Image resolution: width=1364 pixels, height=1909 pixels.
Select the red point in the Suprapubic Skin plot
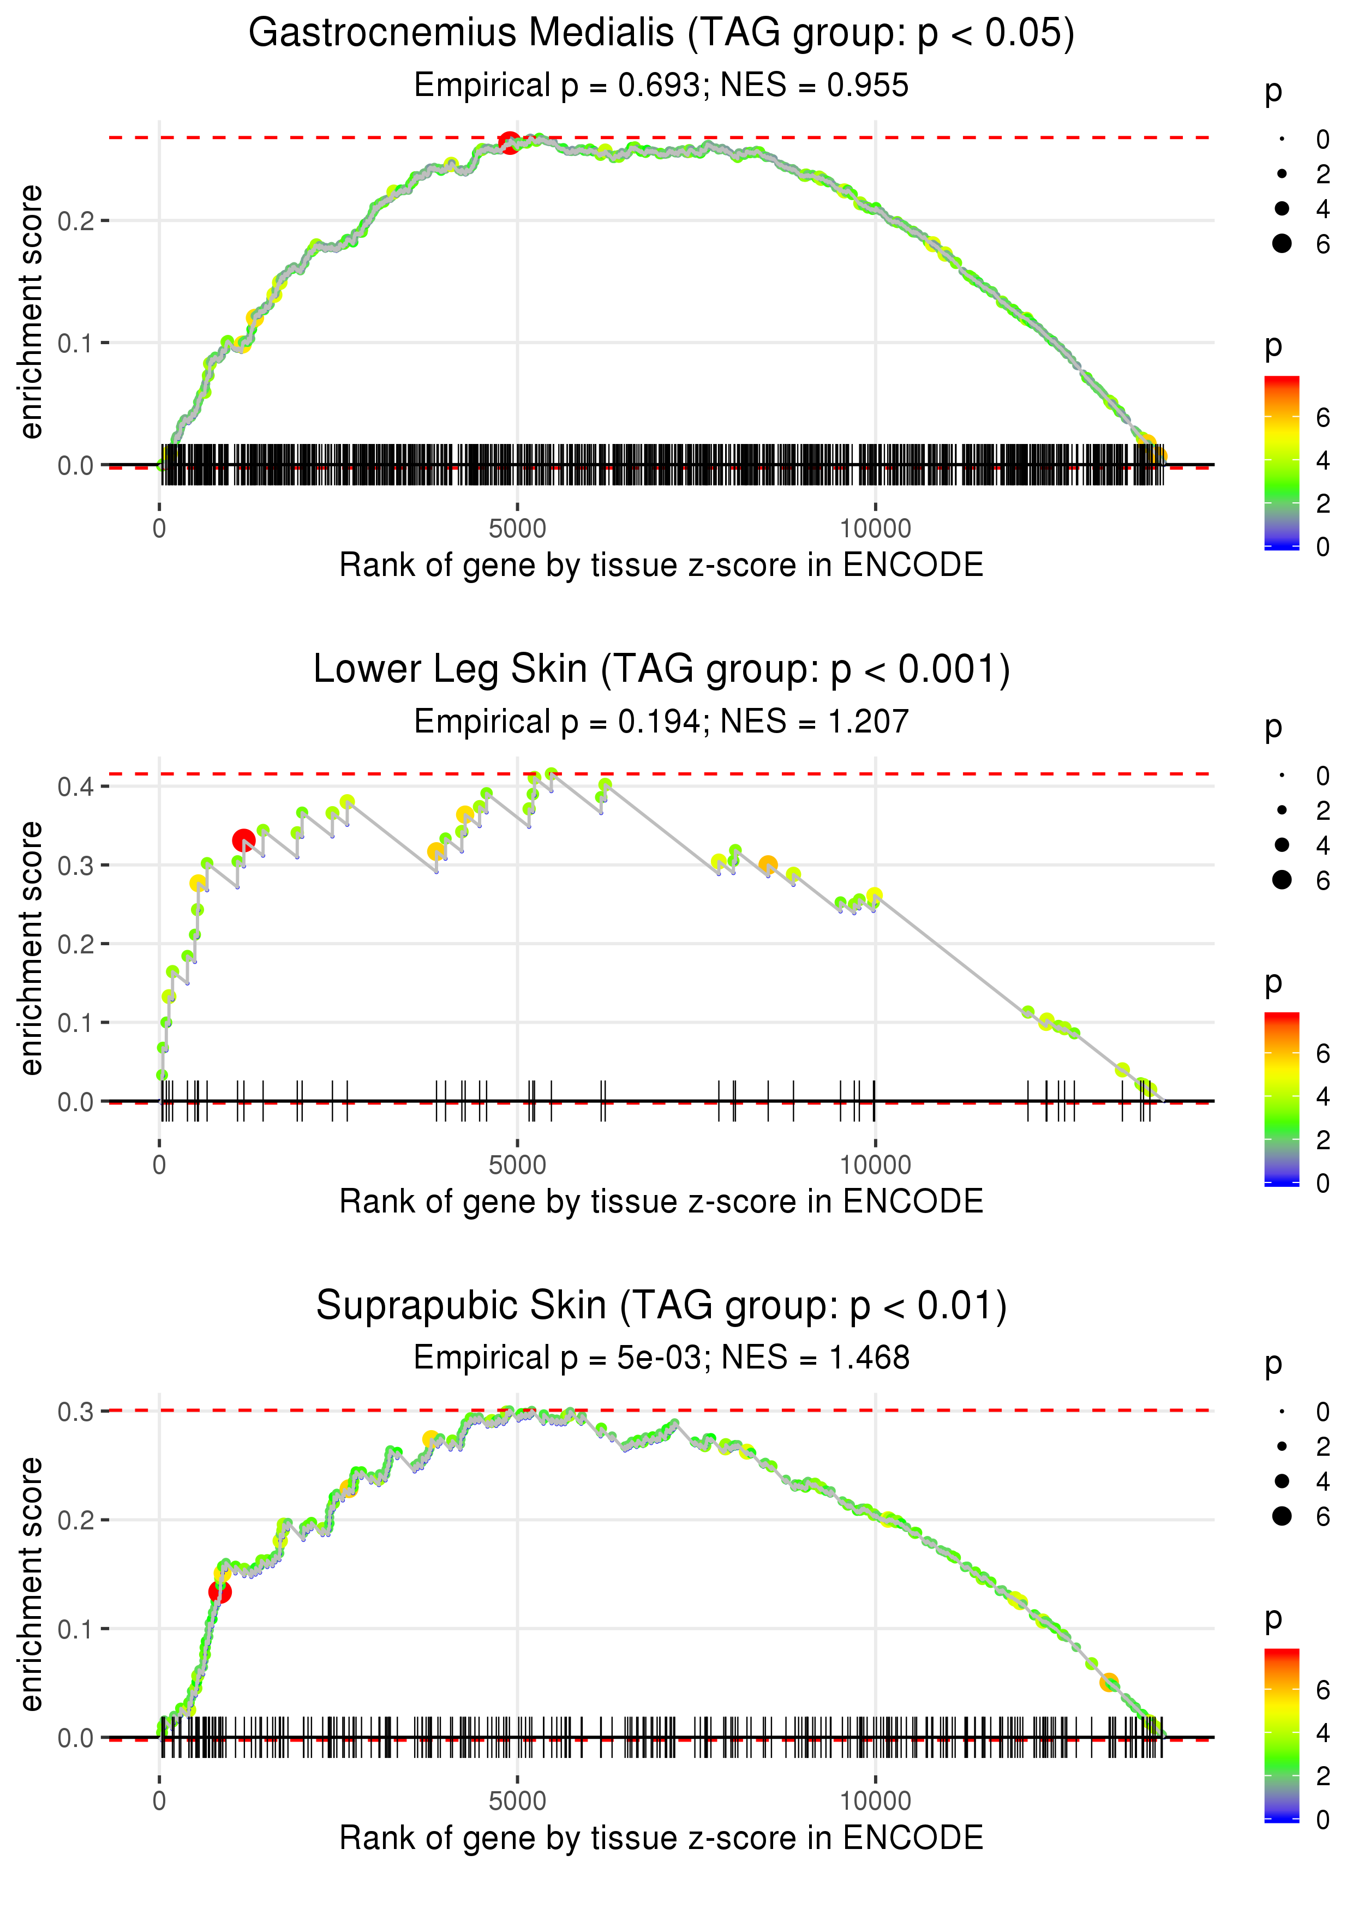click(220, 1592)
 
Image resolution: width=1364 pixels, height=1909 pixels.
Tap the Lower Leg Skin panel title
click(661, 670)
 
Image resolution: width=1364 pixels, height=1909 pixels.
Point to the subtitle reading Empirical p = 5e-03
click(661, 1358)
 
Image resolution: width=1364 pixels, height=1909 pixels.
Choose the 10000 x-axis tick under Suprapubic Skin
click(875, 1800)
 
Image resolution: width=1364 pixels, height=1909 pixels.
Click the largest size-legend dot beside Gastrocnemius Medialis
click(1282, 243)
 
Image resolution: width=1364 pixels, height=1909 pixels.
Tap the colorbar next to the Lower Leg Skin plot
click(1282, 1098)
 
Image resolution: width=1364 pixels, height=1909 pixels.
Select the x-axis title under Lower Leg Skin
click(661, 1202)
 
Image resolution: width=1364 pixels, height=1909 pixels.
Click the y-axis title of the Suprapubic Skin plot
click(31, 1583)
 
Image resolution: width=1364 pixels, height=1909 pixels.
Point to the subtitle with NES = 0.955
click(661, 85)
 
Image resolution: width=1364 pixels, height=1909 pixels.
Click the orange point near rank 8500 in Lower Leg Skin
click(768, 864)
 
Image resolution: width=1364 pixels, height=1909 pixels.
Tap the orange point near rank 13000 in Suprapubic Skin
click(1109, 1682)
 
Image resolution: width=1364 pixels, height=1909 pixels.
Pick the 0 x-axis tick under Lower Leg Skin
click(159, 1164)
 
